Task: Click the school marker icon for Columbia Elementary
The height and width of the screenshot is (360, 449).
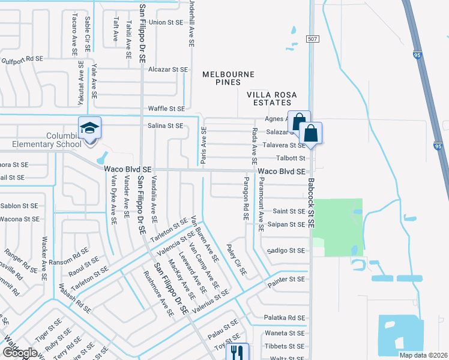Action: pyautogui.click(x=89, y=129)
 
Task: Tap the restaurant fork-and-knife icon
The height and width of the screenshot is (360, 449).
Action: pyautogui.click(x=237, y=353)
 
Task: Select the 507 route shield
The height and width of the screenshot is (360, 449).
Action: pyautogui.click(x=312, y=39)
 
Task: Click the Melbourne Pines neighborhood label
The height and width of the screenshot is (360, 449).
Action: pyautogui.click(x=228, y=79)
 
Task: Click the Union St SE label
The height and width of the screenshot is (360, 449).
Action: pyautogui.click(x=165, y=22)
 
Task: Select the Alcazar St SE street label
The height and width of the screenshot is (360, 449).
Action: pyautogui.click(x=168, y=70)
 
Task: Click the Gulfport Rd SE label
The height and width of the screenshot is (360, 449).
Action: pyautogui.click(x=23, y=59)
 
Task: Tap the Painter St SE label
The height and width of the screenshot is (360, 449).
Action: pyautogui.click(x=287, y=280)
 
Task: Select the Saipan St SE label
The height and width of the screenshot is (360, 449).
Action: pyautogui.click(x=289, y=224)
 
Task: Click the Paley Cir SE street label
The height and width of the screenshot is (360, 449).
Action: pyautogui.click(x=237, y=259)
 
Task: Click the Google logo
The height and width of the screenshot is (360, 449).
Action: pyautogui.click(x=20, y=352)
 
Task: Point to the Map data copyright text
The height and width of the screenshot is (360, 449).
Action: pyautogui.click(x=424, y=355)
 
